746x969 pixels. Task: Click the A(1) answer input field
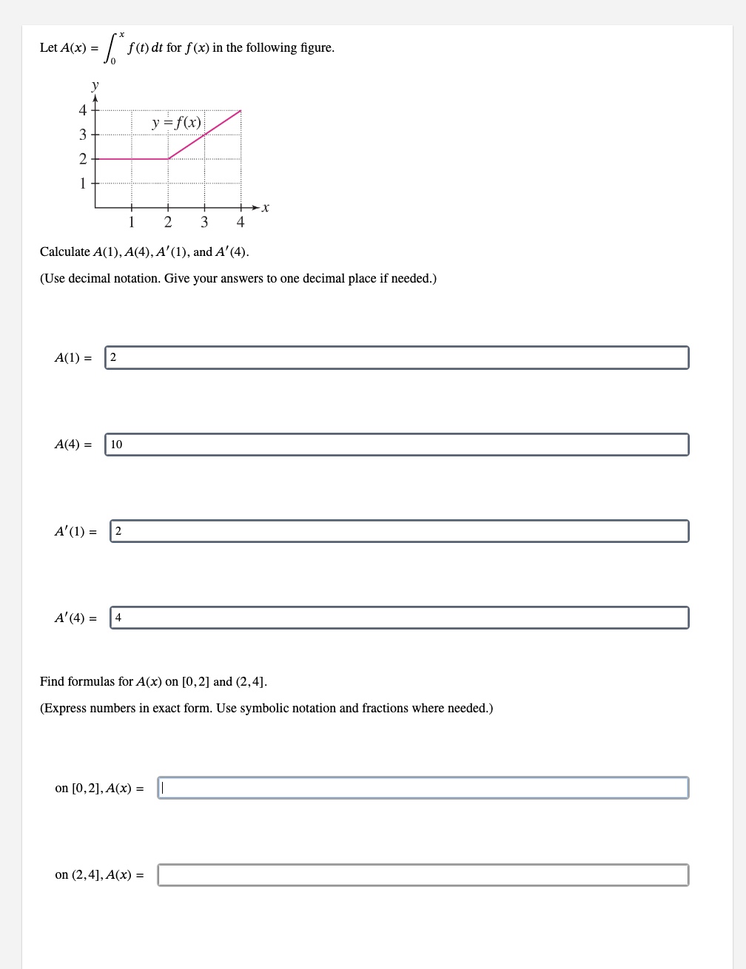(397, 357)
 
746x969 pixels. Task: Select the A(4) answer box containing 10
(397, 445)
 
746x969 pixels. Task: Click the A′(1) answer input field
(400, 531)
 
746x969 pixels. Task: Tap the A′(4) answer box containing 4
(400, 618)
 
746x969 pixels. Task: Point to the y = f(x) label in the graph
(176, 123)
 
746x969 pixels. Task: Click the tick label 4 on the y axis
(83, 110)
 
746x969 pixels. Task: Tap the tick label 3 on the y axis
(83, 135)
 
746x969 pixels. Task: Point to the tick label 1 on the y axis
(83, 183)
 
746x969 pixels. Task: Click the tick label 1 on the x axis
(132, 222)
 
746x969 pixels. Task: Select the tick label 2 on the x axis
(168, 222)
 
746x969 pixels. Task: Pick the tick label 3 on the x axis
(204, 222)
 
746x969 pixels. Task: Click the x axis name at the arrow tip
(266, 209)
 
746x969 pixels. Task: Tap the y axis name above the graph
(95, 85)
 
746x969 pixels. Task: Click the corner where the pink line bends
(168, 158)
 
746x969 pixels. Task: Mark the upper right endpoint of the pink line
(241, 110)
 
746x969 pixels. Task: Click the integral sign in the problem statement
(111, 49)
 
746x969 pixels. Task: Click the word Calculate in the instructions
(64, 252)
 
